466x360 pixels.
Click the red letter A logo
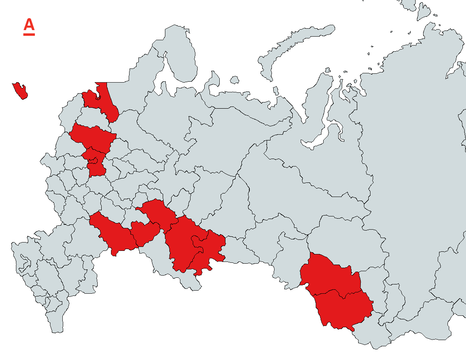[x=29, y=25]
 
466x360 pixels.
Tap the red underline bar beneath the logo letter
[x=29, y=34]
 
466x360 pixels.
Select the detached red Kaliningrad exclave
[x=20, y=91]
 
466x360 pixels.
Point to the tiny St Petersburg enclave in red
[x=98, y=91]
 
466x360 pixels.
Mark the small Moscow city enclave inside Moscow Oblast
[x=94, y=159]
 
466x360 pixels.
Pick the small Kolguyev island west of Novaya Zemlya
[x=234, y=80]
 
